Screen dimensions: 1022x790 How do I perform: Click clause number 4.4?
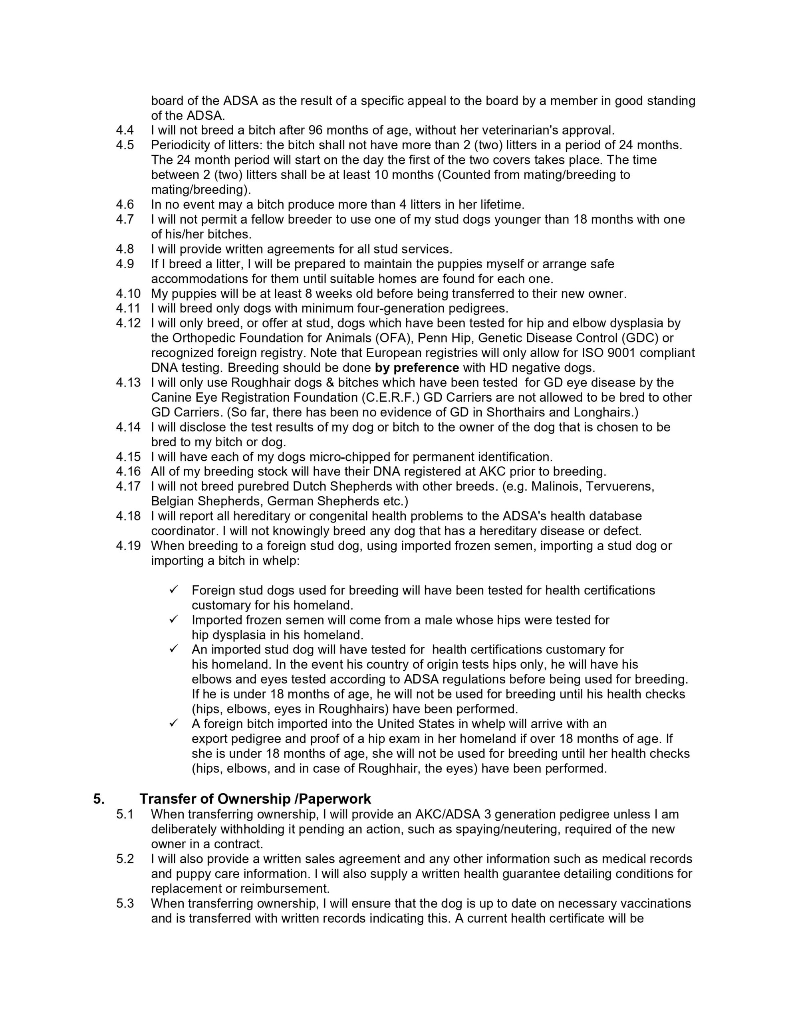[x=125, y=130]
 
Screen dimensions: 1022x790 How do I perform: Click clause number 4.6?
[x=125, y=204]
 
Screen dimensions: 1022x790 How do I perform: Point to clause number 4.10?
[x=128, y=294]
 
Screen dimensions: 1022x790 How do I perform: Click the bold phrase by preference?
[x=417, y=368]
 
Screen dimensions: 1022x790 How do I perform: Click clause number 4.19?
[x=128, y=546]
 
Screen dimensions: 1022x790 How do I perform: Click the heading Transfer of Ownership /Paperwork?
[x=255, y=799]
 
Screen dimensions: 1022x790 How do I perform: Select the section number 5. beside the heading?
[x=99, y=799]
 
